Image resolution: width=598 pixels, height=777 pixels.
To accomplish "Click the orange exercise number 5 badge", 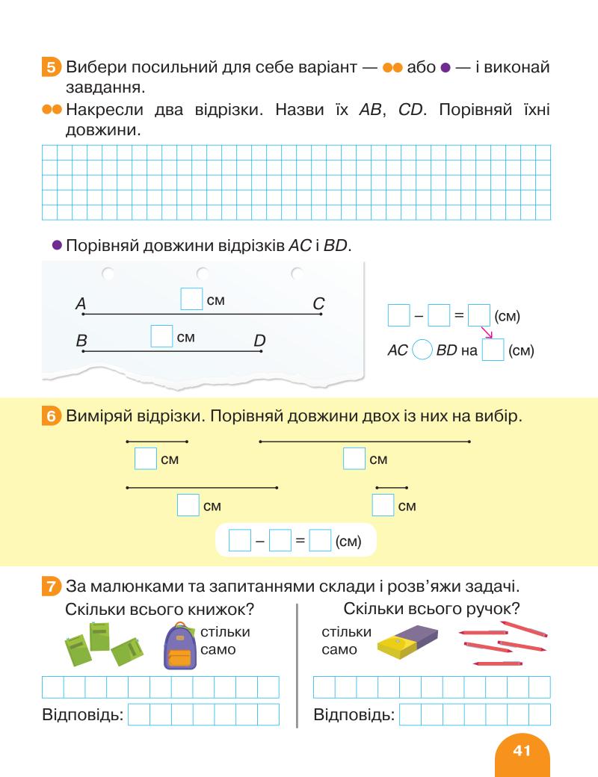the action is point(52,69).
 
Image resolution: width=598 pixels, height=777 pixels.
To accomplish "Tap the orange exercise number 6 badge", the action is point(52,417).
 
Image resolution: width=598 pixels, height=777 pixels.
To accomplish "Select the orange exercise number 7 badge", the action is point(52,586).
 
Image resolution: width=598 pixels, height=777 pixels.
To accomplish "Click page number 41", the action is point(522,749).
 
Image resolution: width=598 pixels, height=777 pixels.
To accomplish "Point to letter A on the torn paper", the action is point(81,304).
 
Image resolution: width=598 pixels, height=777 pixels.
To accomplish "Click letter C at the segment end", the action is point(318,304).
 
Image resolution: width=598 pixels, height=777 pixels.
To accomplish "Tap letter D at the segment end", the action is point(259,341).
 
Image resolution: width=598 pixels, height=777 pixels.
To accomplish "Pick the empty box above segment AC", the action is point(192,300).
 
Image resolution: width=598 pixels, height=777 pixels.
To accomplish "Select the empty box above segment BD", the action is point(162,336).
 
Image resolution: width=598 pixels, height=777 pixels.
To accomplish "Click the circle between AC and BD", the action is point(422,350).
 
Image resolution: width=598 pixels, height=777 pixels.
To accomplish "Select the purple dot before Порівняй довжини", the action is point(55,245).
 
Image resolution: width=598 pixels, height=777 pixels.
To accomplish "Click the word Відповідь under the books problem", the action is point(82,715).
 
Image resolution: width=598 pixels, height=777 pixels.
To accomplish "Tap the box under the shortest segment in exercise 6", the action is point(383,506).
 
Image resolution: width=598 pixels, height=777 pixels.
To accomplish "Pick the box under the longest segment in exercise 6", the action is point(354,459).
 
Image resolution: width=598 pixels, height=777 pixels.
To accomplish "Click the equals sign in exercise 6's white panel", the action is point(300,540).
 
